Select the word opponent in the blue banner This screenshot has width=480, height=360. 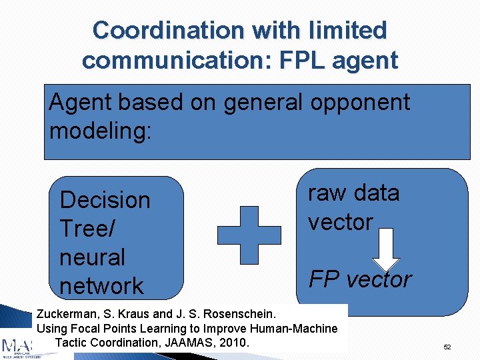tap(359, 102)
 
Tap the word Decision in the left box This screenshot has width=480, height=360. tap(105, 200)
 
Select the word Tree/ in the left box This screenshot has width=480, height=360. tap(87, 229)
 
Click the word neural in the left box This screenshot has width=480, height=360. tap(92, 257)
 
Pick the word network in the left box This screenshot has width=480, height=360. tap(101, 286)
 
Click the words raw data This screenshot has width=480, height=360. tap(353, 193)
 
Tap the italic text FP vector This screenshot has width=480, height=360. tap(360, 279)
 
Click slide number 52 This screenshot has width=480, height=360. tap(447, 347)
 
